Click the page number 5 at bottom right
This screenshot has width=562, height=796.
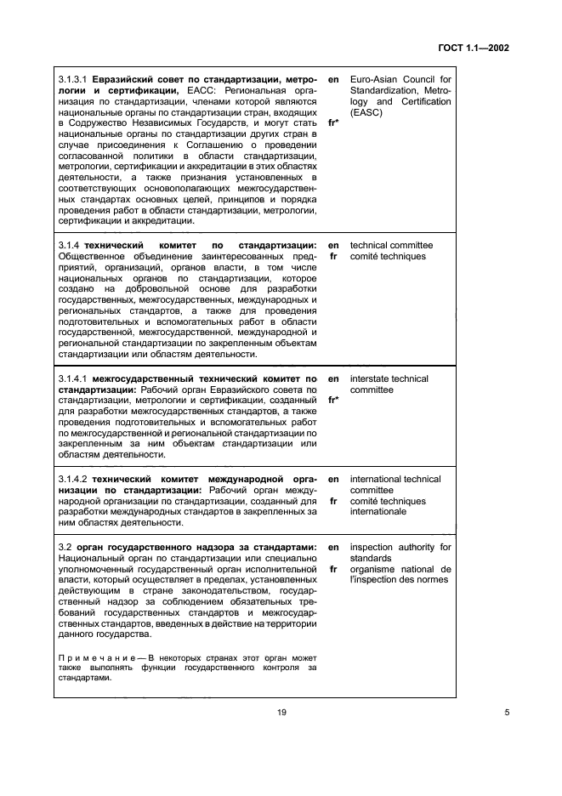507,713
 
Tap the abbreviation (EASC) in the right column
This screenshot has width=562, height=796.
366,112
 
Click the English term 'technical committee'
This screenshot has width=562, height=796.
391,245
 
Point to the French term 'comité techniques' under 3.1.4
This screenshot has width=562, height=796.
389,256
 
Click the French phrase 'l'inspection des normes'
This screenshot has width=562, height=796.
399,579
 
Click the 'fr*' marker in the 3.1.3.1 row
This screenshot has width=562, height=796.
333,123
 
